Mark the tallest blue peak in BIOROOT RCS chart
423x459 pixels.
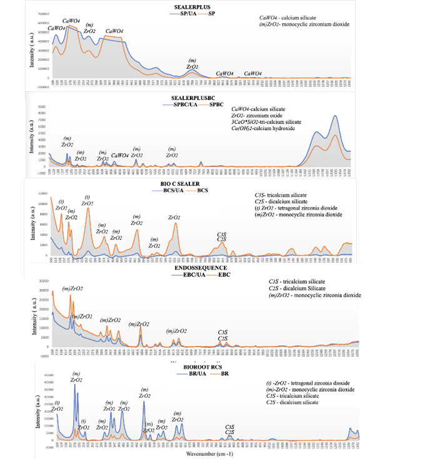point(75,385)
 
